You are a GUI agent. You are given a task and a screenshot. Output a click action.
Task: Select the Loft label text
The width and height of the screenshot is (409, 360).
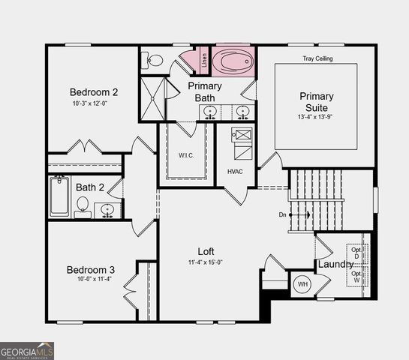206,251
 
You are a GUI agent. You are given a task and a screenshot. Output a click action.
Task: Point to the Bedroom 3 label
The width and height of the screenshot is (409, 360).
90,270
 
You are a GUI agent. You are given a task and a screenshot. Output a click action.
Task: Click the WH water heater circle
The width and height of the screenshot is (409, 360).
302,284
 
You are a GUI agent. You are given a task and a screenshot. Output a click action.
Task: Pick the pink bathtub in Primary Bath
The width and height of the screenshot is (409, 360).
234,61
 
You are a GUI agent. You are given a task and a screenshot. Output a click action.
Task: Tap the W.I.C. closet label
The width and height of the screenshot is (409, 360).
187,155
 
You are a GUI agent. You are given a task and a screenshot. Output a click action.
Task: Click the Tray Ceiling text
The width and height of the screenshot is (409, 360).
317,58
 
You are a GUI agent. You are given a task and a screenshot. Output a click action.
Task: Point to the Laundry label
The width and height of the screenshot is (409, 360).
335,264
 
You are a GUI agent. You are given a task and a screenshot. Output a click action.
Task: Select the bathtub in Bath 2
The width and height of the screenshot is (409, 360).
60,196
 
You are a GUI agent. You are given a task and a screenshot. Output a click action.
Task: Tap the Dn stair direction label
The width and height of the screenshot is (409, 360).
282,215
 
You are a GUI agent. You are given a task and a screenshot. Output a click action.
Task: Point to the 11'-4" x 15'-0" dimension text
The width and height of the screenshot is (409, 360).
205,262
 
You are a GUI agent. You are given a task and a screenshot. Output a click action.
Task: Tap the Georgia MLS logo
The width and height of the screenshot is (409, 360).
27,351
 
